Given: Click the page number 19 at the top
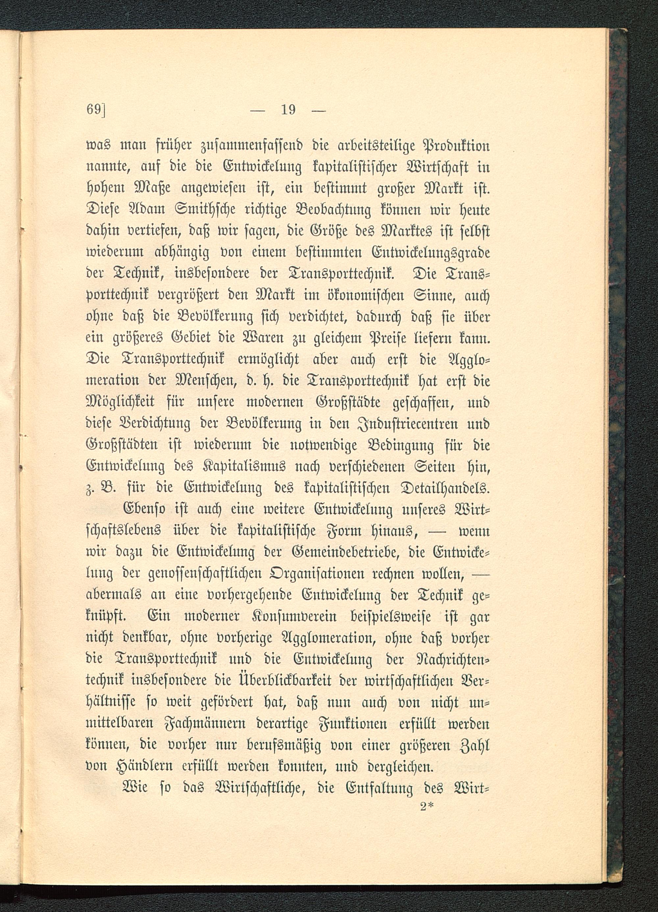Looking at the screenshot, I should (x=288, y=109).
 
